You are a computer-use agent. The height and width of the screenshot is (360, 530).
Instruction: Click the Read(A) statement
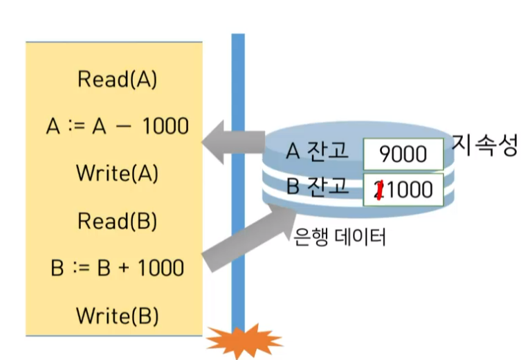pyautogui.click(x=118, y=79)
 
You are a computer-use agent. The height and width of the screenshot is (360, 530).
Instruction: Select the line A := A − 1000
pyautogui.click(x=118, y=126)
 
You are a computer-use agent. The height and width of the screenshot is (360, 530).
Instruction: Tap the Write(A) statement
pyautogui.click(x=118, y=172)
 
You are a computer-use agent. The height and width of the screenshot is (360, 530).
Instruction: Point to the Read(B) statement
pyautogui.click(x=118, y=221)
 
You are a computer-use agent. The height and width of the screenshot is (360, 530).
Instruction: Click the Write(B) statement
pyautogui.click(x=118, y=316)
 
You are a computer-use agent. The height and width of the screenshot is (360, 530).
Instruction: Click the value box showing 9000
pyautogui.click(x=403, y=154)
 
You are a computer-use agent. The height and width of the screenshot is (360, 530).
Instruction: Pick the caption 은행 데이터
pyautogui.click(x=339, y=237)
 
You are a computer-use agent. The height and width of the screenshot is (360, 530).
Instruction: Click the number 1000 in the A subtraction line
pyautogui.click(x=163, y=126)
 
